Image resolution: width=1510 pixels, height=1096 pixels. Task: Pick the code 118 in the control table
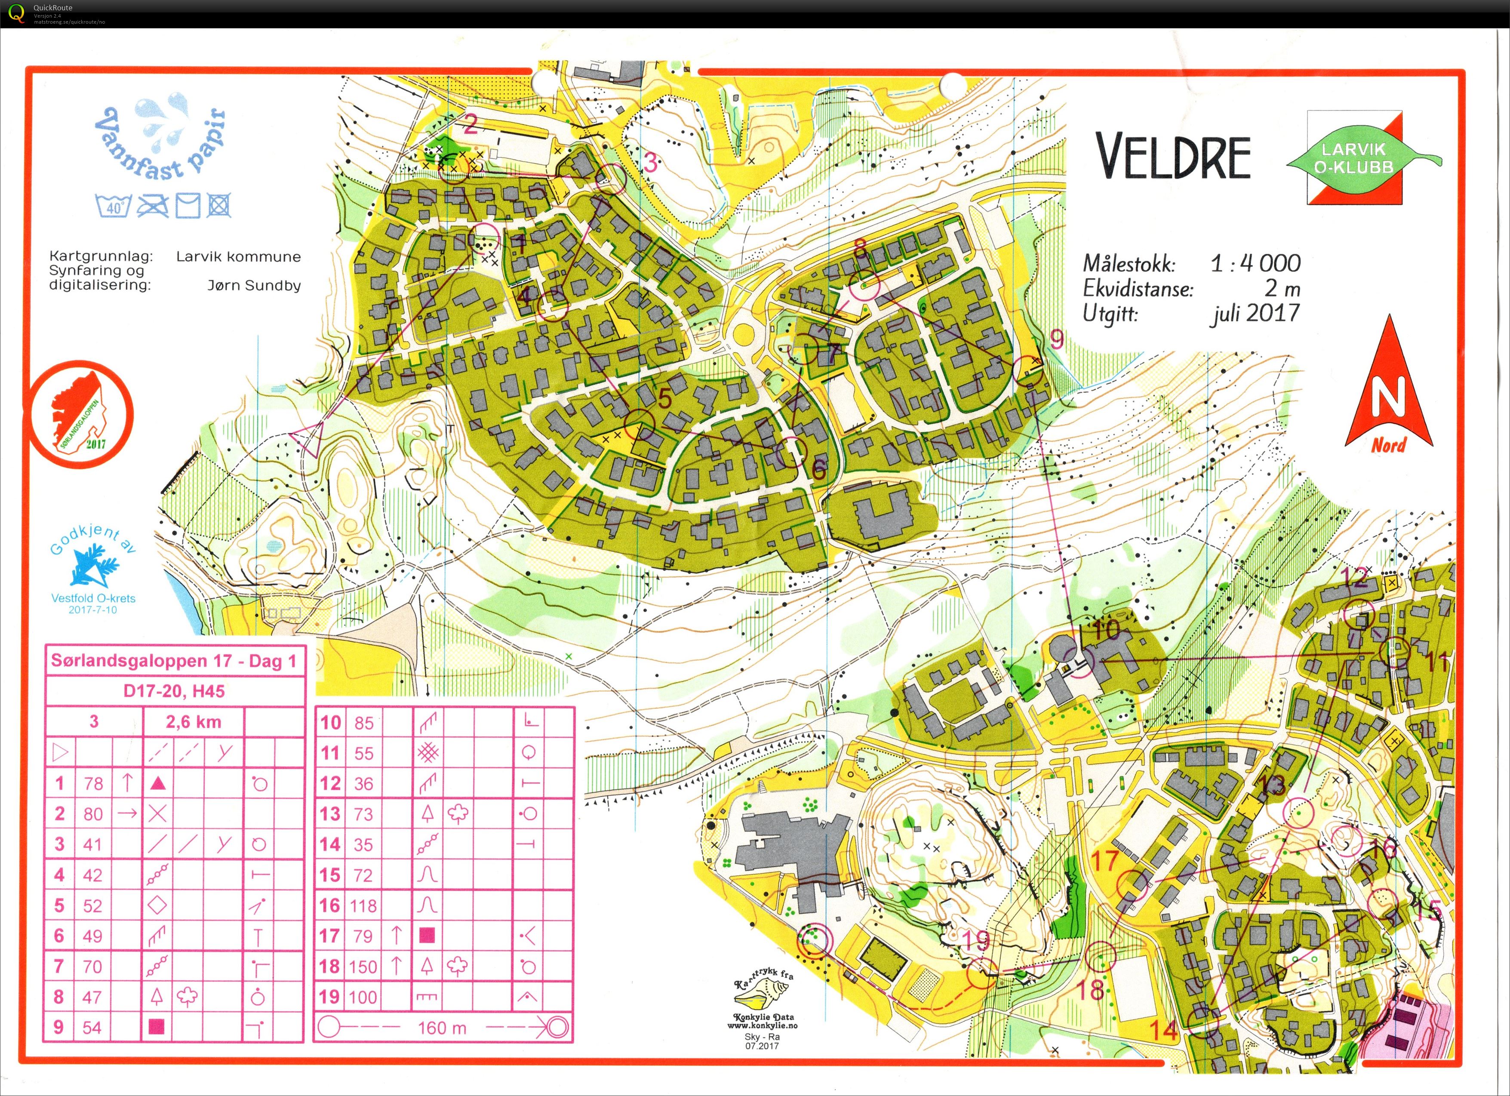pyautogui.click(x=363, y=905)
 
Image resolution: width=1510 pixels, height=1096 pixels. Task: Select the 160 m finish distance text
pyautogui.click(x=441, y=1028)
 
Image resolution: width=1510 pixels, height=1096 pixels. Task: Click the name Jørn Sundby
pyautogui.click(x=254, y=286)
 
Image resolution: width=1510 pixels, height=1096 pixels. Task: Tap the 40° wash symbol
pyautogui.click(x=114, y=207)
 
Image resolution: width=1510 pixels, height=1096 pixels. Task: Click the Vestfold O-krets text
pyautogui.click(x=93, y=598)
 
